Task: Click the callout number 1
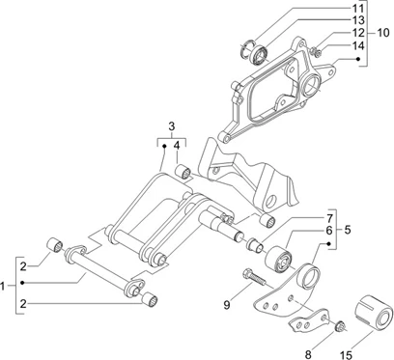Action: pyautogui.click(x=7, y=285)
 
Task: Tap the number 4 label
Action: pyautogui.click(x=177, y=146)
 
